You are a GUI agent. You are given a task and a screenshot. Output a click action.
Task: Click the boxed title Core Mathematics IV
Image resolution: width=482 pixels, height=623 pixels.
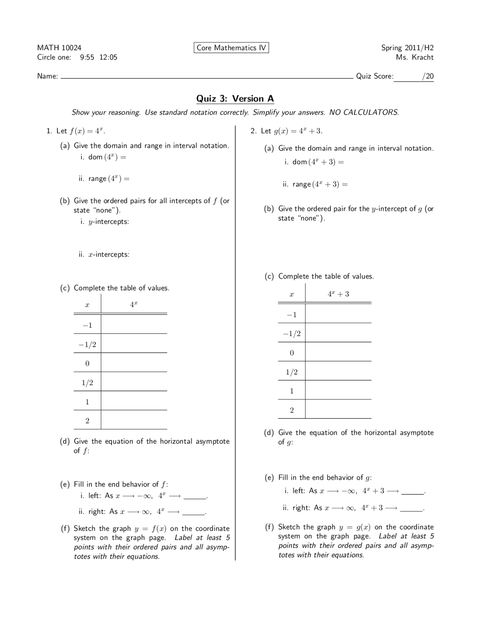click(x=231, y=48)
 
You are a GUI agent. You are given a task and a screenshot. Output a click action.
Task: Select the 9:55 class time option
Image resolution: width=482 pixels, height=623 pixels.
click(x=87, y=58)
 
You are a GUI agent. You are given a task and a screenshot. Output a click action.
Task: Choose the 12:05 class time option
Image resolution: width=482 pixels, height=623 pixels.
click(x=108, y=58)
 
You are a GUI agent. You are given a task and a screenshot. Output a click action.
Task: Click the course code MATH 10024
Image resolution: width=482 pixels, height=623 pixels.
click(x=59, y=48)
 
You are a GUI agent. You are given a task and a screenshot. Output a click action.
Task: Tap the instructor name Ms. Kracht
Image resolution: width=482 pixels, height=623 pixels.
click(x=415, y=58)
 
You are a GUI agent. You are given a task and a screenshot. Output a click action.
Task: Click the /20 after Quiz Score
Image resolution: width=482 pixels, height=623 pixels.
click(x=428, y=76)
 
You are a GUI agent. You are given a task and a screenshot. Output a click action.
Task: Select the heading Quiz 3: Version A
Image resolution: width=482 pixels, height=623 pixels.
click(x=235, y=99)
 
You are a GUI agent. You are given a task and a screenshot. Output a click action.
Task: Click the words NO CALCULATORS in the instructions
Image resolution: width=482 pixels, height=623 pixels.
click(x=363, y=112)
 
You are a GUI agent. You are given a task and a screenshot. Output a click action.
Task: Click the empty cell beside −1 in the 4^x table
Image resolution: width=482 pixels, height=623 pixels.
click(x=134, y=324)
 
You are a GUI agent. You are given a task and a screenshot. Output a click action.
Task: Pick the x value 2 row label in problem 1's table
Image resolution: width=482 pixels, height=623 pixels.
click(x=87, y=421)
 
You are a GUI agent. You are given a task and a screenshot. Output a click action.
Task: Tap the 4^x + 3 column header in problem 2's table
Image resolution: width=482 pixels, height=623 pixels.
click(x=338, y=294)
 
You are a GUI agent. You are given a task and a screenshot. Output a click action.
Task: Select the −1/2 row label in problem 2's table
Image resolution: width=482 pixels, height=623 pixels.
click(x=292, y=334)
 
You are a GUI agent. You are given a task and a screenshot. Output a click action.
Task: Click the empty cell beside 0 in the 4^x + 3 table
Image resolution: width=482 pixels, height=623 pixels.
click(x=338, y=353)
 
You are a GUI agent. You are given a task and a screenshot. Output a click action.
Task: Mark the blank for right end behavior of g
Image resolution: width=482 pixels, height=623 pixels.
click(x=411, y=508)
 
